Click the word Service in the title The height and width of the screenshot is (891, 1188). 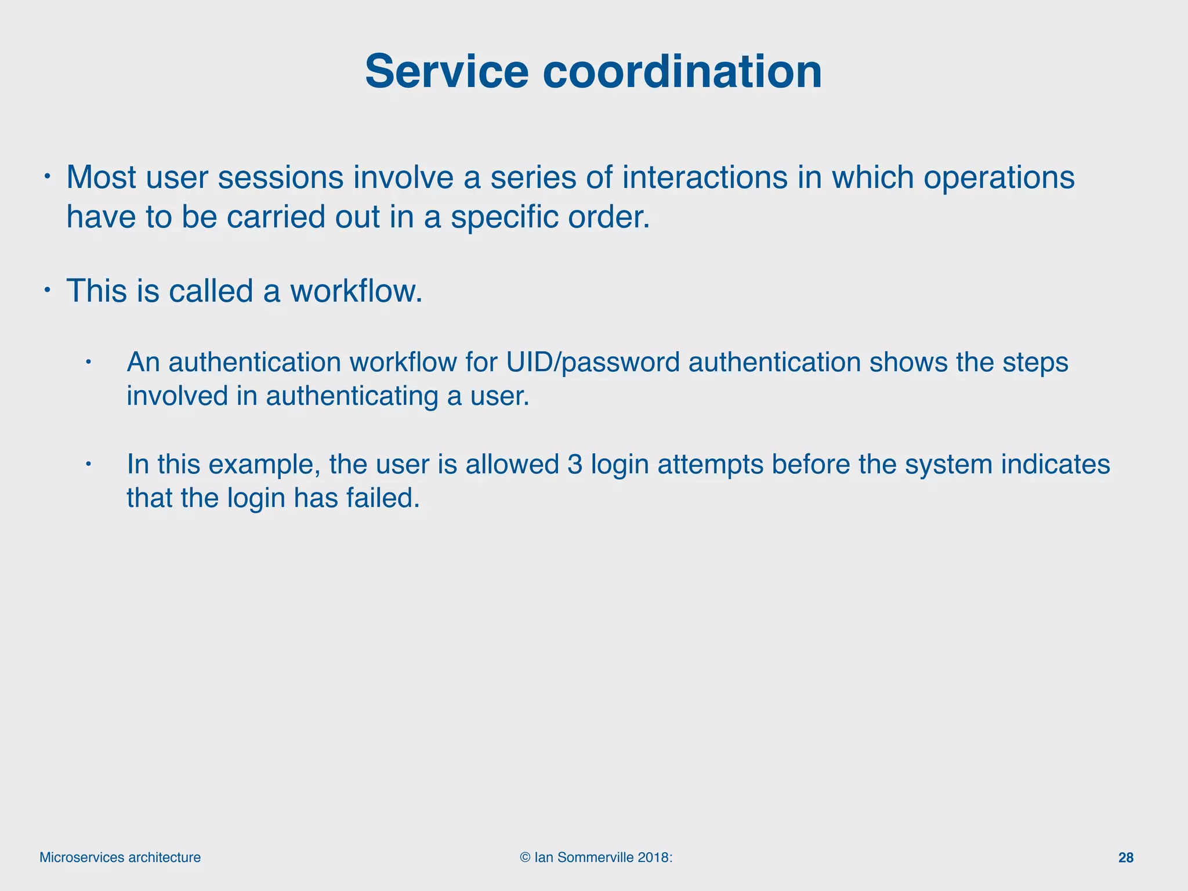click(x=446, y=72)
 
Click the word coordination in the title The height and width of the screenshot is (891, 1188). click(x=682, y=72)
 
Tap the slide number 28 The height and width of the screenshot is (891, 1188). click(x=1125, y=858)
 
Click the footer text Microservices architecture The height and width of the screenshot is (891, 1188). click(x=120, y=857)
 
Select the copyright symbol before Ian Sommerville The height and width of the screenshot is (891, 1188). click(x=526, y=857)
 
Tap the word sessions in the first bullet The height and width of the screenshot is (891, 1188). click(x=281, y=178)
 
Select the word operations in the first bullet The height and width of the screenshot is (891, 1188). click(x=999, y=178)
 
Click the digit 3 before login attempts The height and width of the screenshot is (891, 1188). click(x=575, y=465)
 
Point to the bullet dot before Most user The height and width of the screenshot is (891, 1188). click(x=49, y=176)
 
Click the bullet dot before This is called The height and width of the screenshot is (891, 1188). click(x=49, y=289)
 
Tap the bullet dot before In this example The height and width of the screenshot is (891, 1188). click(x=88, y=464)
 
